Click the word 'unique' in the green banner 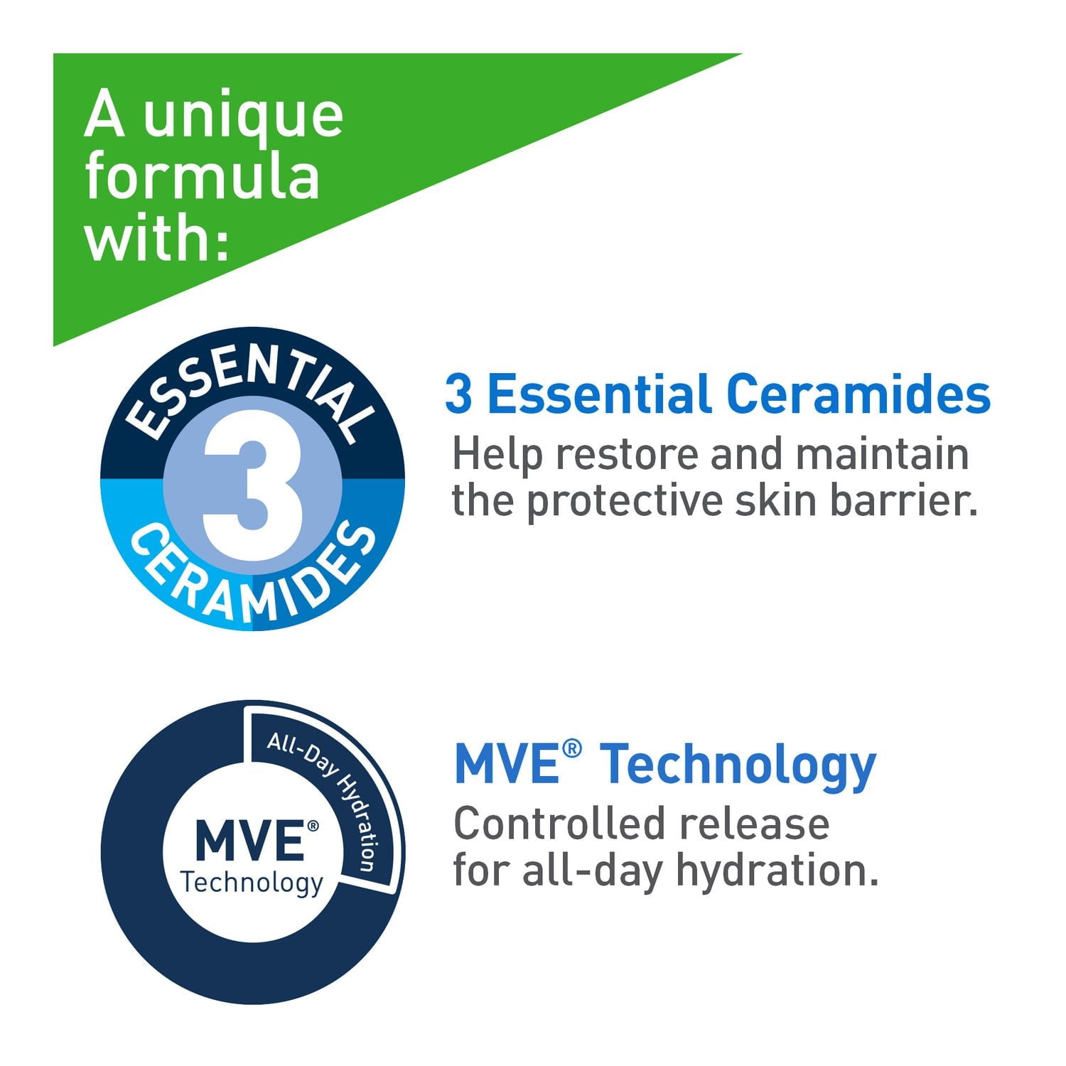coord(243,117)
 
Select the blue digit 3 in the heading coord(458,395)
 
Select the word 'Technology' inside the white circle coord(252,883)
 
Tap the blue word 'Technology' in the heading coord(741,765)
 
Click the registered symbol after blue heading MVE coord(572,748)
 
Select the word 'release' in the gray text coord(754,824)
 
